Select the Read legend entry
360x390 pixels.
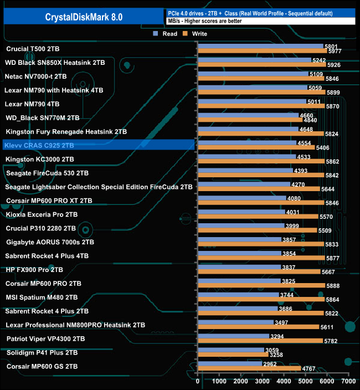click(166, 34)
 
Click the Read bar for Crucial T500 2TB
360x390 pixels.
click(260, 46)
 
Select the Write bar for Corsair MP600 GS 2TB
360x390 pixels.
click(249, 368)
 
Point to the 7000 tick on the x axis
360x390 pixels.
click(348, 381)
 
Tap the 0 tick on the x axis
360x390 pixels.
click(198, 381)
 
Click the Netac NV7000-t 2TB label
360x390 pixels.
click(35, 76)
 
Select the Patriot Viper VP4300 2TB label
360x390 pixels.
click(45, 338)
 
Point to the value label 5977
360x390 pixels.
click(335, 51)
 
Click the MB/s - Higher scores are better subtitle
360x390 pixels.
click(204, 20)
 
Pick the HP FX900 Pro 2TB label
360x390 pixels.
click(34, 270)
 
